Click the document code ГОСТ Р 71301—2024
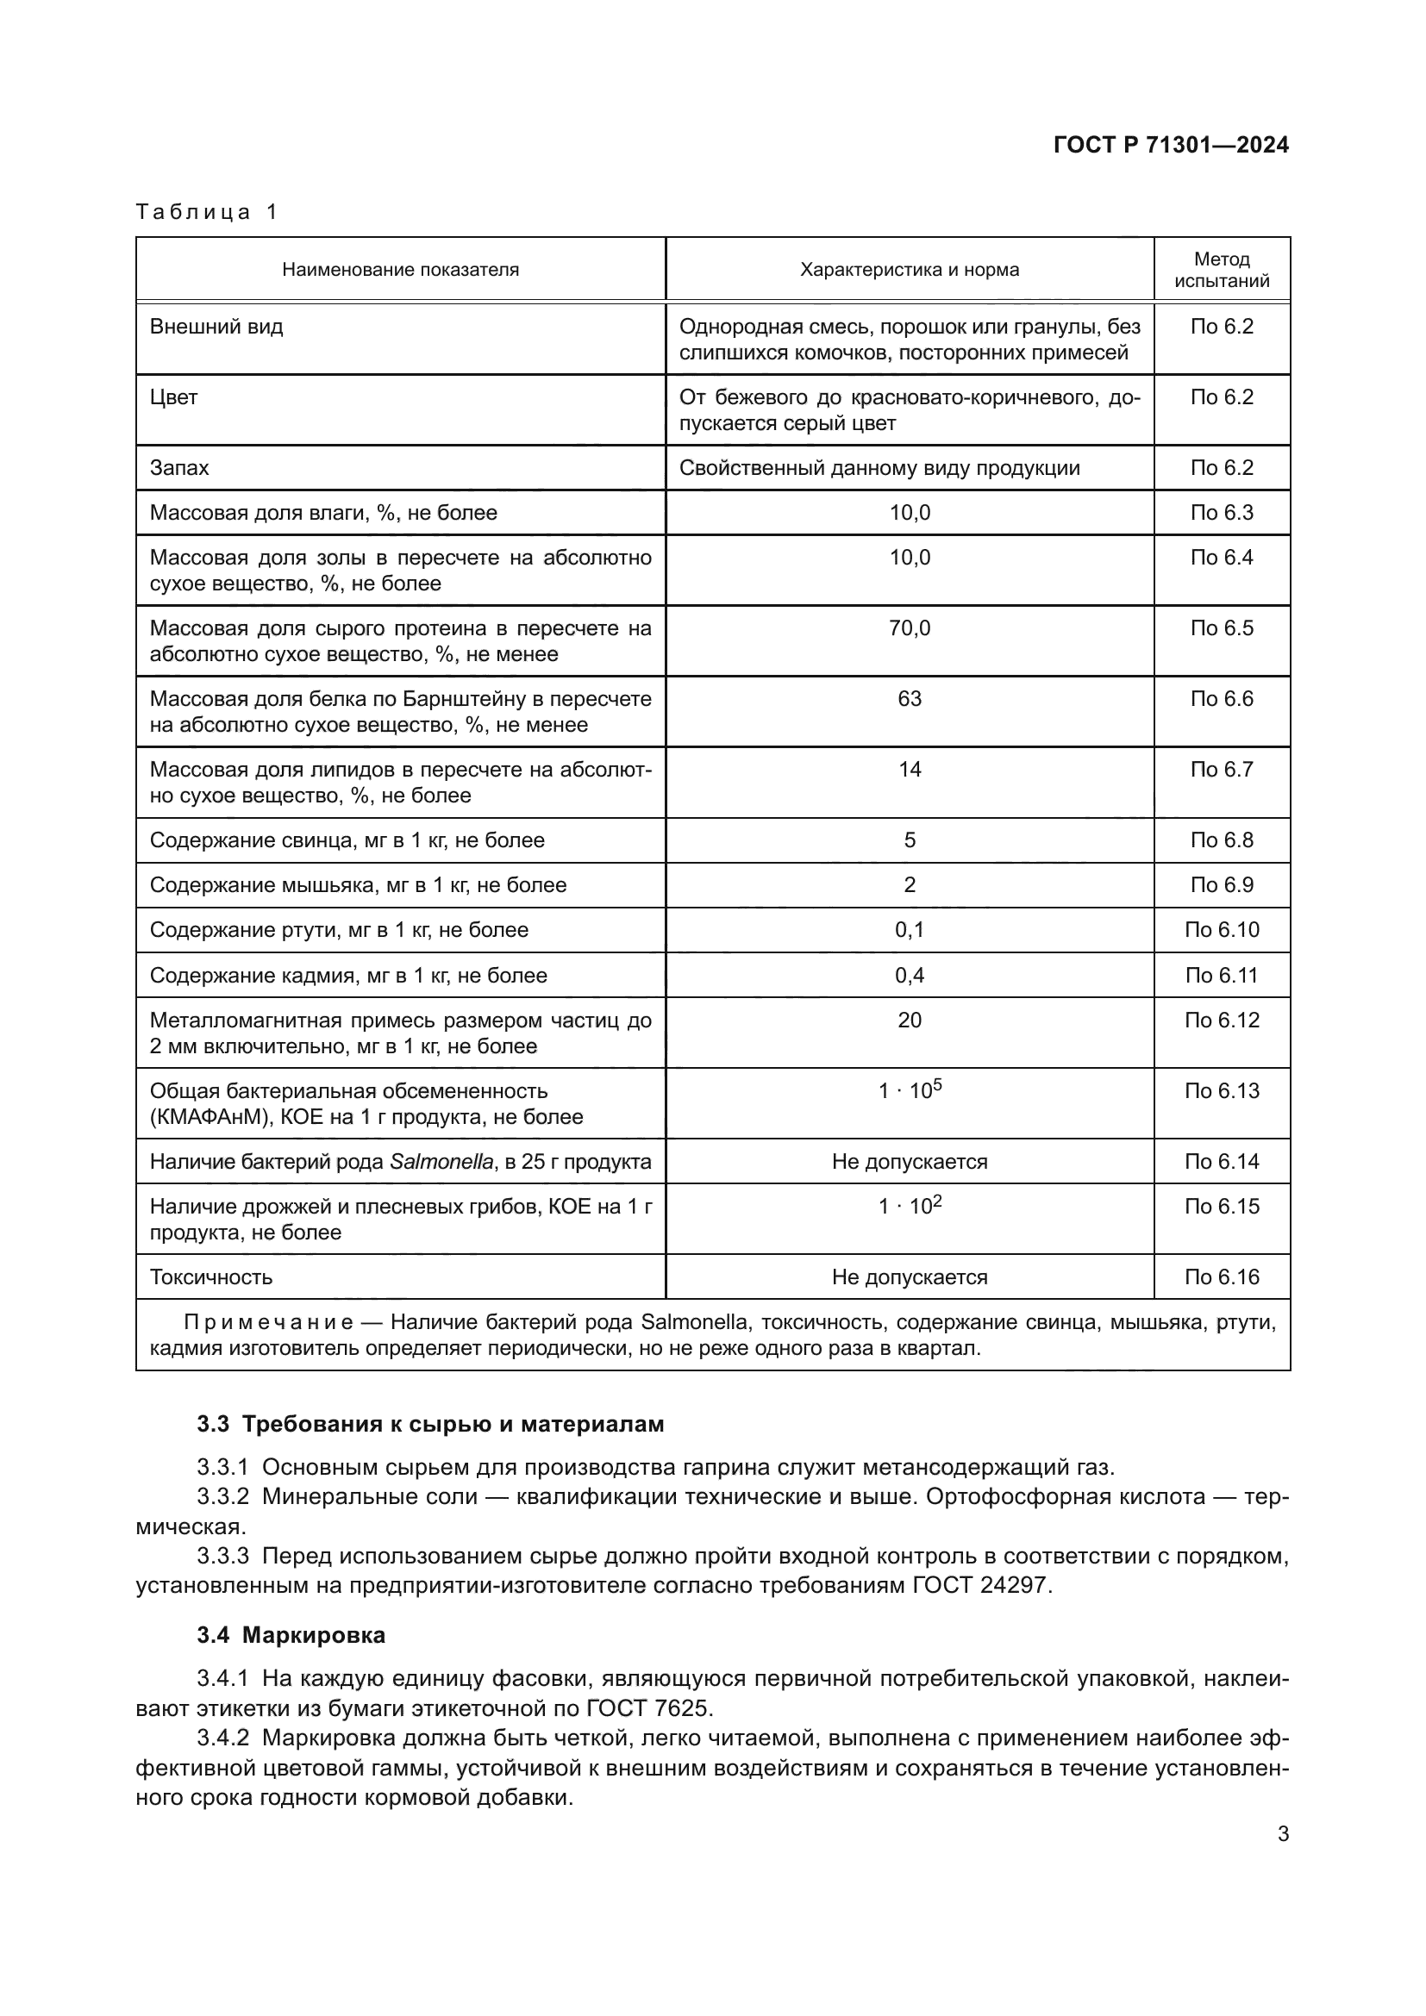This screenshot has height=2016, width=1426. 1171,146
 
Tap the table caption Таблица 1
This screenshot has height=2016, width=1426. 206,212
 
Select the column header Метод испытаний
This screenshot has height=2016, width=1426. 1222,270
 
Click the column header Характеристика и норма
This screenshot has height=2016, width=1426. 909,270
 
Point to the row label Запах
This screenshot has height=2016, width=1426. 179,468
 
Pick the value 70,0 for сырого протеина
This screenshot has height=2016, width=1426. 909,627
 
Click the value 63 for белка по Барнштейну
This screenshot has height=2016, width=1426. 909,699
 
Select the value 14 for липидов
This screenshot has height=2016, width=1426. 909,769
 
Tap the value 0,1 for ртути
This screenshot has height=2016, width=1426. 909,930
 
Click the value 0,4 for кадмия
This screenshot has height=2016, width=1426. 909,976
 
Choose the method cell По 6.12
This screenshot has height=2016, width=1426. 1222,1020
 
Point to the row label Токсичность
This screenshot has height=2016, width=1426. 210,1277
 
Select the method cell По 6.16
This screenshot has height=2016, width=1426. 1222,1277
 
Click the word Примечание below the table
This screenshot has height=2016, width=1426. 268,1322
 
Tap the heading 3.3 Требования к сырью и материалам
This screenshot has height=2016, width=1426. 430,1424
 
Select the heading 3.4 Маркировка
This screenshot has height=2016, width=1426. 291,1636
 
